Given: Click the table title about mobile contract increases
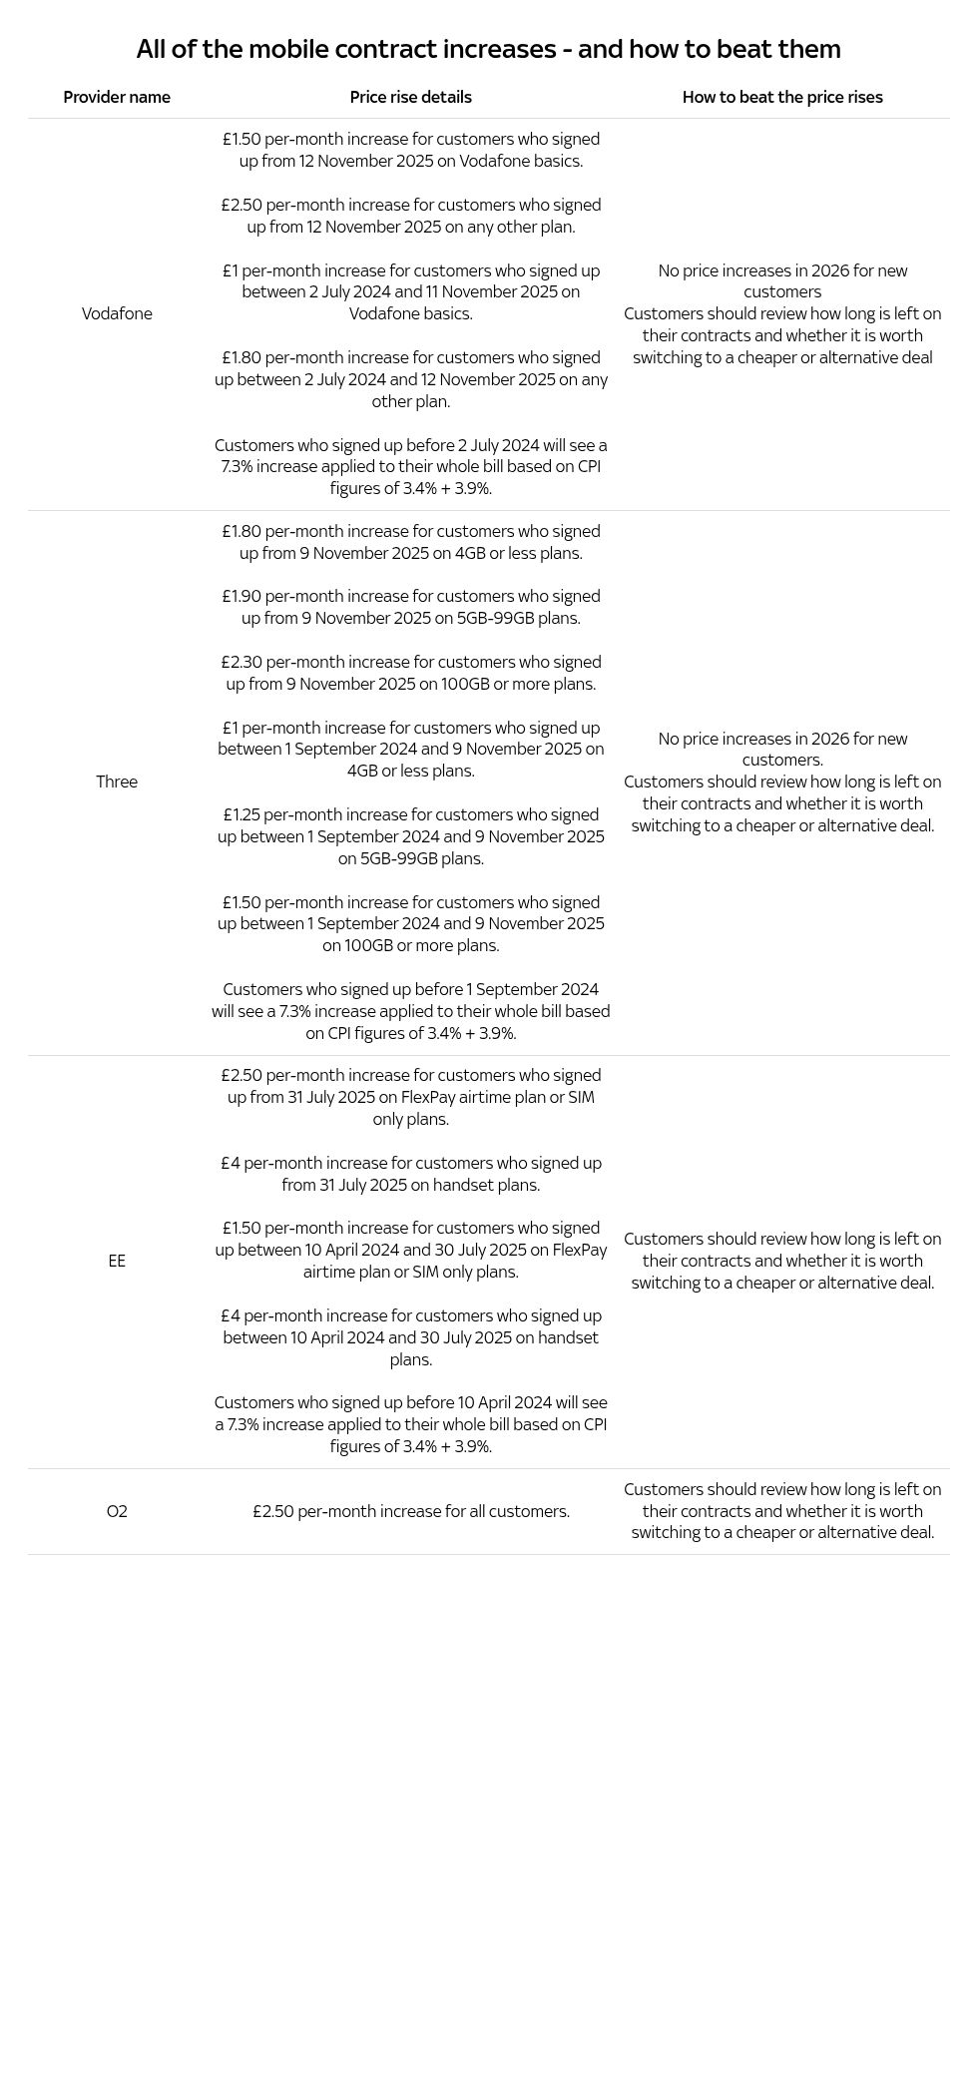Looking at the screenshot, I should [x=488, y=49].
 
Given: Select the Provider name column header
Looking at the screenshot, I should [x=117, y=97].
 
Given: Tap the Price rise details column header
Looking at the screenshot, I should [x=410, y=97].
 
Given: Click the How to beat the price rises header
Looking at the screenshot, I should [x=782, y=97].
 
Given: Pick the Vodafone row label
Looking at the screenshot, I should [x=117, y=313].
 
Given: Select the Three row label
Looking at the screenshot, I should [x=117, y=782].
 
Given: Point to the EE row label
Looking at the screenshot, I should [x=117, y=1261].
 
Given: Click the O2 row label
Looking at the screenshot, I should [x=117, y=1511].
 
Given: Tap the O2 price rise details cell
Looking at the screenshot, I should [x=410, y=1511].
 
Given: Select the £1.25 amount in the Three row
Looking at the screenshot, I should [x=242, y=814].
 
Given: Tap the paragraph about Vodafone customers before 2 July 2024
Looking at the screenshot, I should [x=410, y=466].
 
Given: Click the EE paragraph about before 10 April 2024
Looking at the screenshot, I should [x=410, y=1424].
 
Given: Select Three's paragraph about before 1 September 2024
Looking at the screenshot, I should [x=410, y=1011].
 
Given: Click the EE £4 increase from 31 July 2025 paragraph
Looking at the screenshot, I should [x=410, y=1174].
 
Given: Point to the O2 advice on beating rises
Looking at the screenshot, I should [x=782, y=1511].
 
